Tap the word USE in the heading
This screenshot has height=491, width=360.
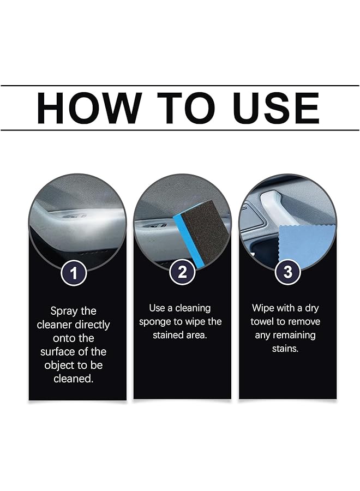(275, 108)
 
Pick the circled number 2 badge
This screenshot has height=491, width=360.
(182, 272)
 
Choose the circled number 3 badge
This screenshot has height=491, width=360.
(287, 272)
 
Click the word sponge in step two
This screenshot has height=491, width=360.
(156, 322)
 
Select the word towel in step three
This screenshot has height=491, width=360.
(263, 322)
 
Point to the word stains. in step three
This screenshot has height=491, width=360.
(285, 349)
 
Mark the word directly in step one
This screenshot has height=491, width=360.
(92, 325)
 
